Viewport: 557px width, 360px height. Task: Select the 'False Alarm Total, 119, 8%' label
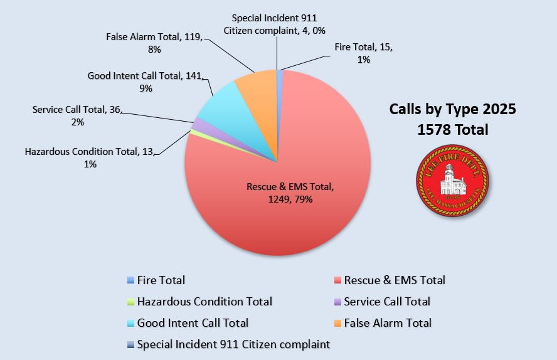click(x=154, y=43)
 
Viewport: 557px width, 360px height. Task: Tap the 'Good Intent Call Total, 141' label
click(x=146, y=82)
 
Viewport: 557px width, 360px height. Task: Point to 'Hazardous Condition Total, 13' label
click(x=90, y=157)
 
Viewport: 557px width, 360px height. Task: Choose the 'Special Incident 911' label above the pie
click(x=278, y=24)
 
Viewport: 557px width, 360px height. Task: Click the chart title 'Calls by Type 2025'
click(x=452, y=109)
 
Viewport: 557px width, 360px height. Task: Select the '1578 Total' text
click(x=452, y=130)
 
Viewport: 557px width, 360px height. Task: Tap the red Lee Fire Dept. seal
click(x=452, y=183)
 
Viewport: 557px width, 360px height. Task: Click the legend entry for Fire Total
click(x=161, y=280)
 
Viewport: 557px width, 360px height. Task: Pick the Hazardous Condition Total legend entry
click(x=204, y=302)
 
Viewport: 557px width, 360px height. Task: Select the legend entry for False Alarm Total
click(x=388, y=323)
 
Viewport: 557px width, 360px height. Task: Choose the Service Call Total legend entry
click(x=387, y=302)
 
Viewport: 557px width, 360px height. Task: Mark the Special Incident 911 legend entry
click(x=233, y=344)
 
